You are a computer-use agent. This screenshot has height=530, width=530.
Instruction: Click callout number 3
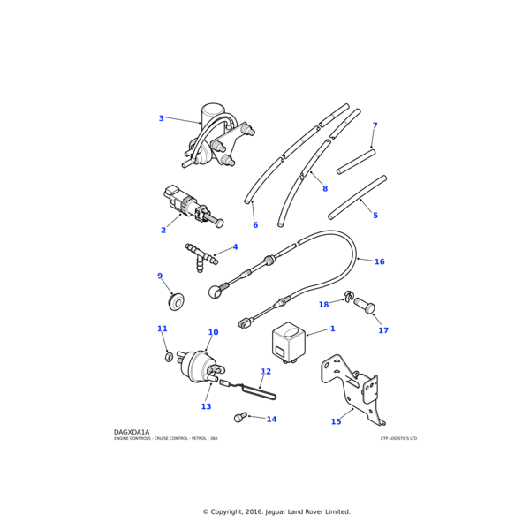click(x=161, y=118)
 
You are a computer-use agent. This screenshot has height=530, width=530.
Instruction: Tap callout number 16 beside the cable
click(x=379, y=261)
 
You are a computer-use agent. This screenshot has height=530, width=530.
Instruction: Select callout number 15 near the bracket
click(x=336, y=421)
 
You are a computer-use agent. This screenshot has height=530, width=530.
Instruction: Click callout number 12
click(x=266, y=372)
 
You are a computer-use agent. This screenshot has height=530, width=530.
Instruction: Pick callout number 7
click(x=375, y=125)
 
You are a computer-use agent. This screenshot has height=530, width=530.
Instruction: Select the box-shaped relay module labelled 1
click(x=289, y=340)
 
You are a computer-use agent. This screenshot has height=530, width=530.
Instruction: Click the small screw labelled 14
click(x=239, y=416)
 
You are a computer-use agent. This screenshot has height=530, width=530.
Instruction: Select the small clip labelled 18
click(x=349, y=296)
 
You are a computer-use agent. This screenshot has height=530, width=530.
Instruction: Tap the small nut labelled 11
click(x=169, y=357)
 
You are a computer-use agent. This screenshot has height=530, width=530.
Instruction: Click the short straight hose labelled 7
click(x=356, y=161)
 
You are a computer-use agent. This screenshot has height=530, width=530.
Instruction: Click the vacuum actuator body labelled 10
click(x=198, y=366)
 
